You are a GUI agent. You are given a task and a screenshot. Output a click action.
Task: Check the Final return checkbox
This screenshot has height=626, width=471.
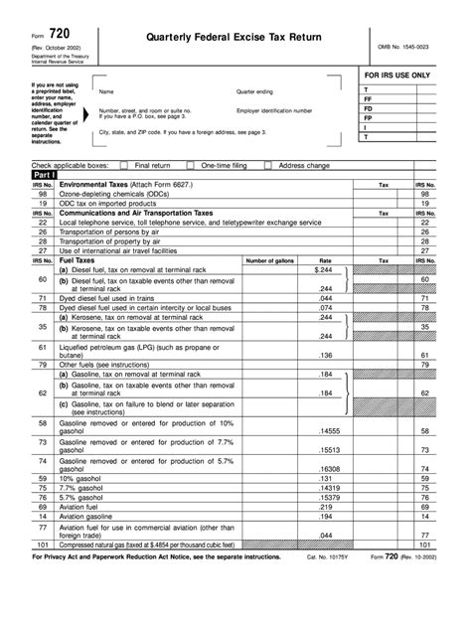(124, 164)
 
